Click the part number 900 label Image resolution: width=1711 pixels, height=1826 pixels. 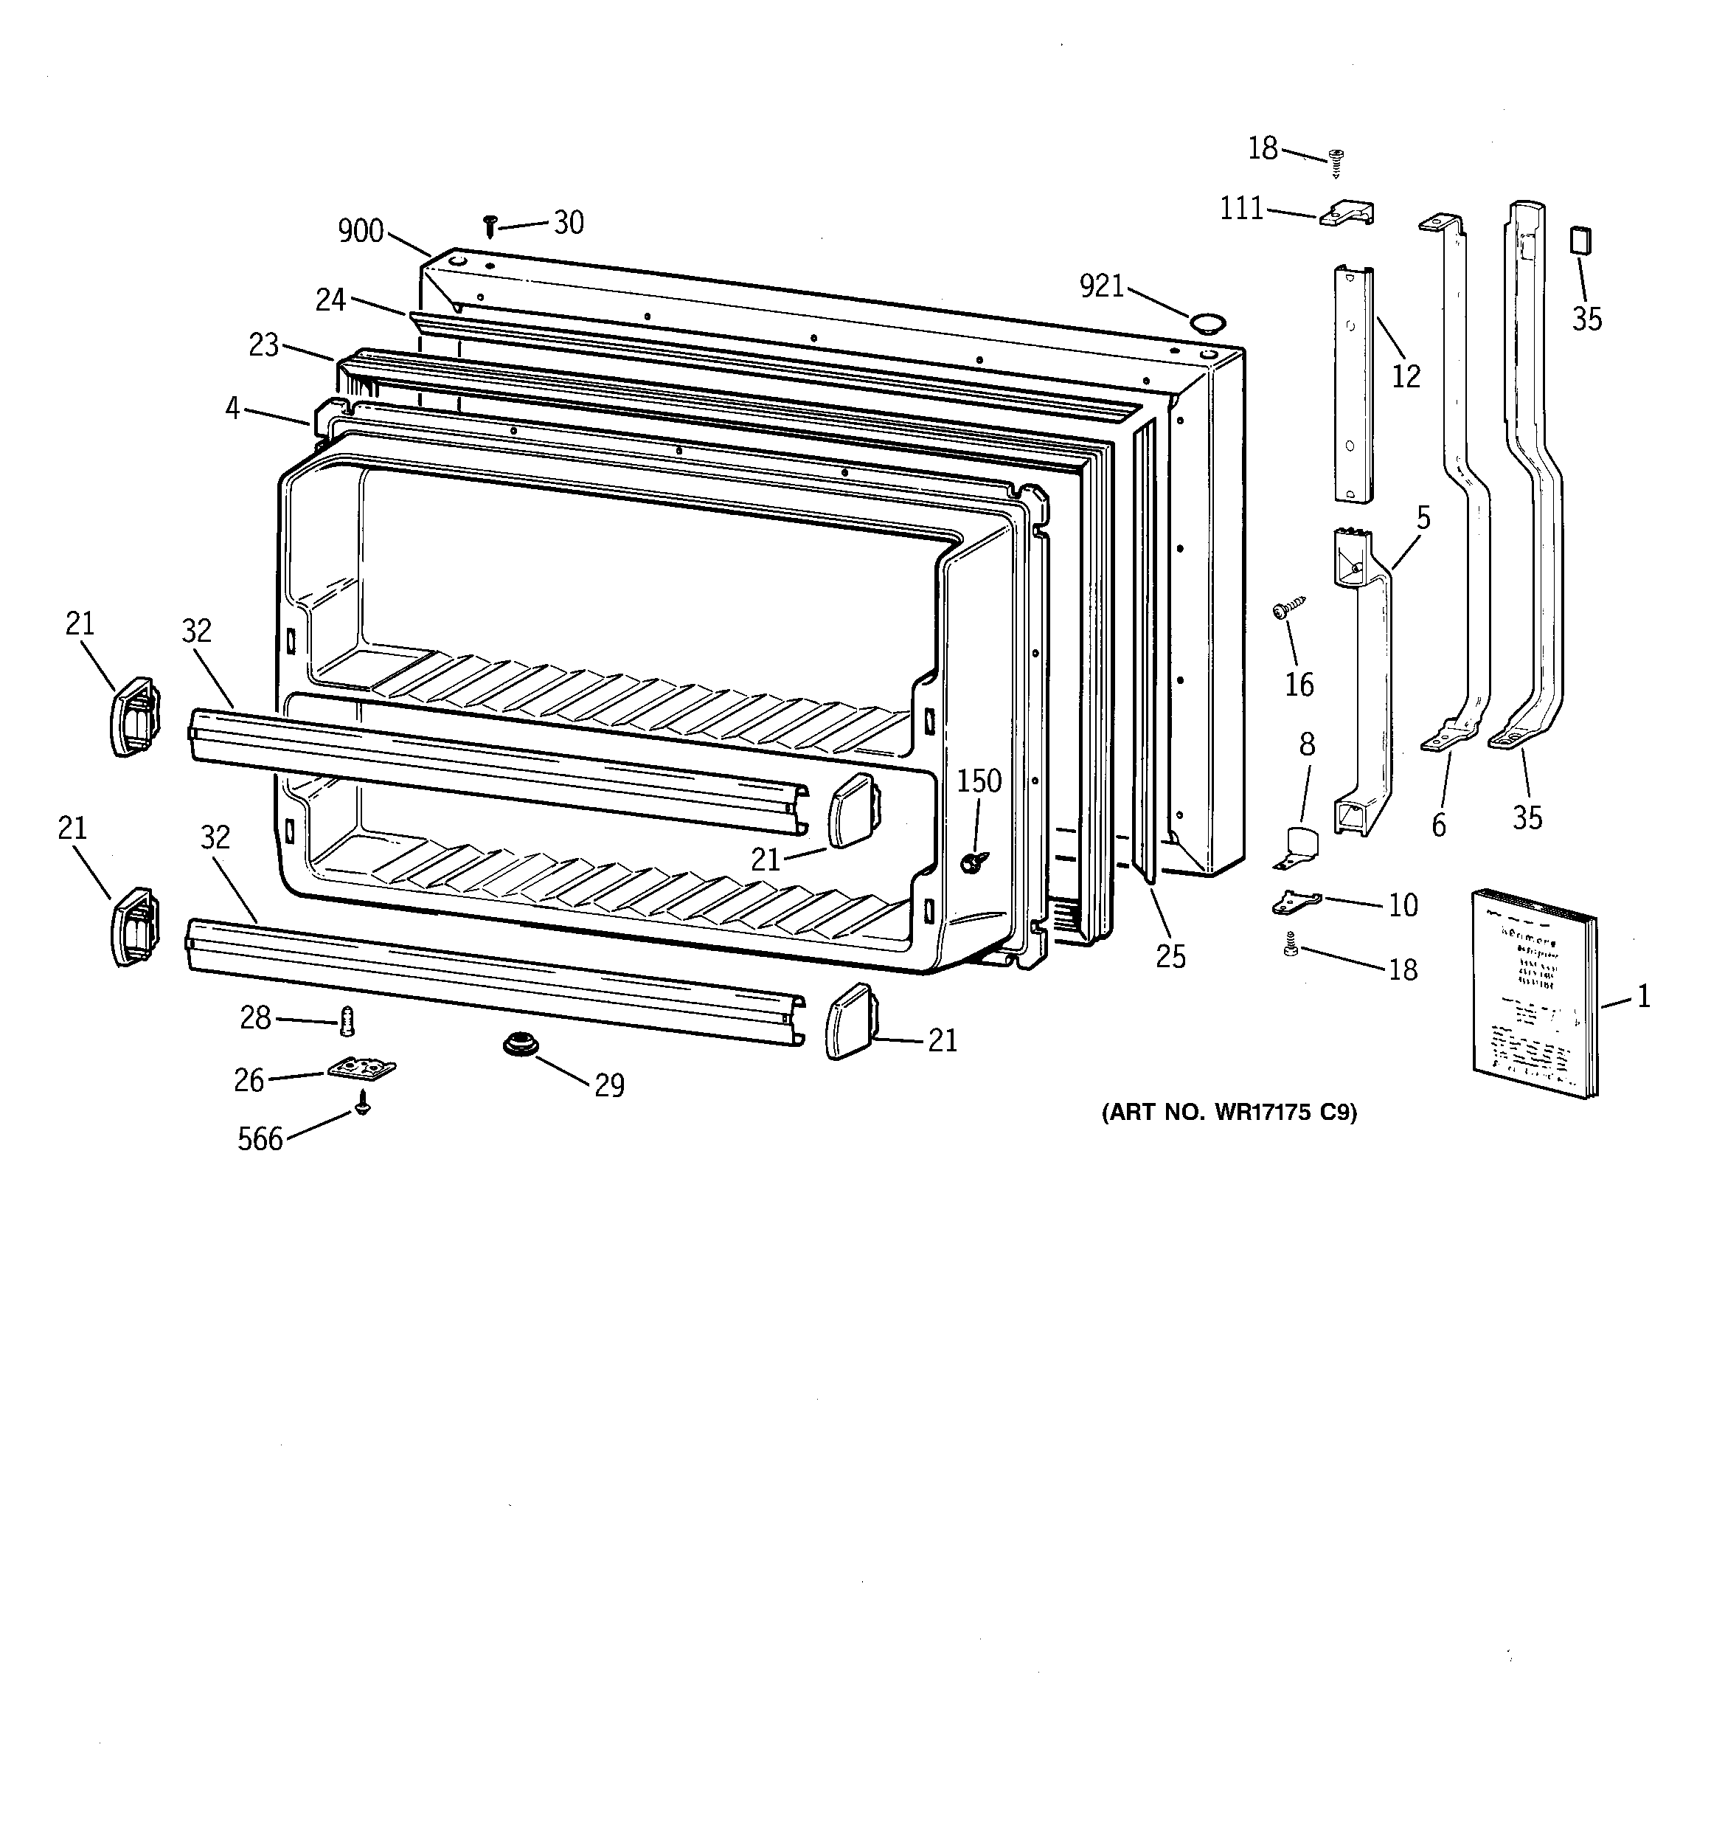(x=360, y=230)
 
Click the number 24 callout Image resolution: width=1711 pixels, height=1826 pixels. (x=330, y=300)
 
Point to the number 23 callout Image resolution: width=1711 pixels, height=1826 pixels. (x=263, y=345)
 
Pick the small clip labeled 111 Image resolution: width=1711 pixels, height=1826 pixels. (x=1347, y=214)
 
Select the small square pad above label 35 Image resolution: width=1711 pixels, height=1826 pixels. (x=1580, y=241)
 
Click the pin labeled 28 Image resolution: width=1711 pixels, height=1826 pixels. (x=347, y=1020)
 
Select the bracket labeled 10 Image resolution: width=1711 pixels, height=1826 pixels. (x=1296, y=902)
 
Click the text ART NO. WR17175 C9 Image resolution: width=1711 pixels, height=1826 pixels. (x=1228, y=1113)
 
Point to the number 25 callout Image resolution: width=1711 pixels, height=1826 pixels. (x=1170, y=956)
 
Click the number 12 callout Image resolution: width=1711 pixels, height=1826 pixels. (x=1405, y=376)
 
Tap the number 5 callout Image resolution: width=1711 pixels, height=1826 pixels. (x=1423, y=518)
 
